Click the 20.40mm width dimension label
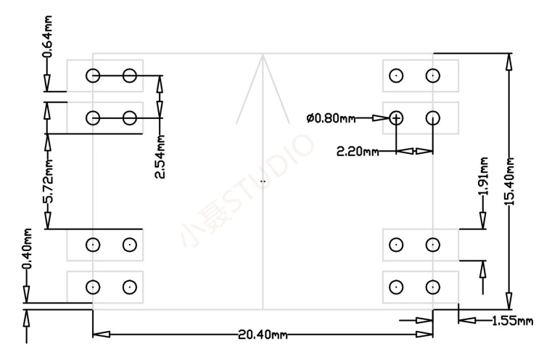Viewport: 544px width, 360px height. (x=263, y=335)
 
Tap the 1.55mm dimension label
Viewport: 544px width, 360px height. (x=512, y=320)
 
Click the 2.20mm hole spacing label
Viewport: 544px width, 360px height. (x=358, y=152)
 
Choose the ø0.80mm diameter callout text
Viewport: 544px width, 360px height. (x=330, y=118)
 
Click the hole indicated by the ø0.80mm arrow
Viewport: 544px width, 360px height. (x=396, y=118)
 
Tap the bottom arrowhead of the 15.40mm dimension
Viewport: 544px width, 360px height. (x=510, y=301)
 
